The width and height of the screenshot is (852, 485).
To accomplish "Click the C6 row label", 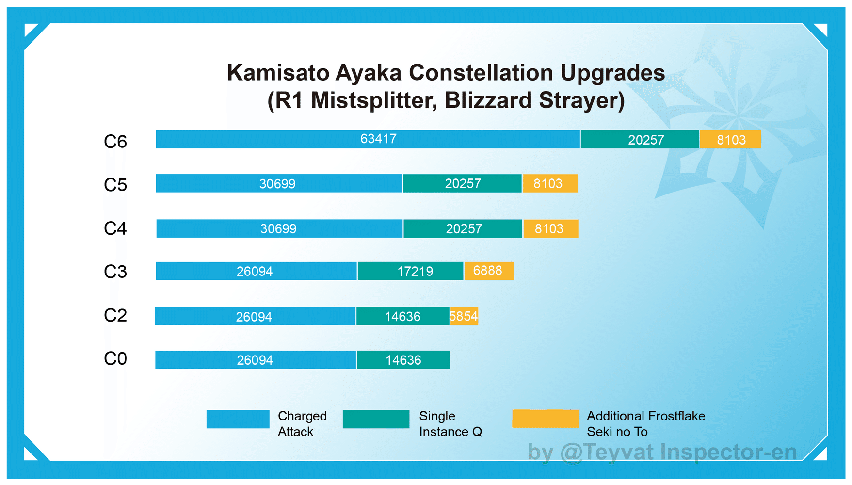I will [115, 142].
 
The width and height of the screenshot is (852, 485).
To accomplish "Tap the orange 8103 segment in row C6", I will [730, 140].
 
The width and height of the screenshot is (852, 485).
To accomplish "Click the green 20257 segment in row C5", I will [462, 183].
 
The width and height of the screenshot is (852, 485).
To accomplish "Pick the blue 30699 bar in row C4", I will [279, 228].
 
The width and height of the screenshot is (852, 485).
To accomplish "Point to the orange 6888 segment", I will [489, 271].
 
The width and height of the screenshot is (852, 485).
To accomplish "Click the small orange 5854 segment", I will [464, 316].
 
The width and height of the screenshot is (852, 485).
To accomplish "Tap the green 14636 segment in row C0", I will [403, 360].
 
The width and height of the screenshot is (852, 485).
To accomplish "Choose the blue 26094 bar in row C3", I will [256, 271].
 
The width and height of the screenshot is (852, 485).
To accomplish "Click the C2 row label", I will [115, 315].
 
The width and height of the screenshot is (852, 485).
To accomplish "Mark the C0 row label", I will [115, 359].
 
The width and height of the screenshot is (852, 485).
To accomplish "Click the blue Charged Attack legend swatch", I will [238, 419].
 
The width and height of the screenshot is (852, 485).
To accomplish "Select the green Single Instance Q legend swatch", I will [376, 419].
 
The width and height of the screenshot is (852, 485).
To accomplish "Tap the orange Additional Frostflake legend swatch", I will [546, 419].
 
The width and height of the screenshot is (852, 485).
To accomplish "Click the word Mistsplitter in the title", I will [373, 100].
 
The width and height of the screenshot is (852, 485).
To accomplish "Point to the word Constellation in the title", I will [481, 73].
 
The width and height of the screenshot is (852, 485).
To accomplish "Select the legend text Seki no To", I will [617, 432].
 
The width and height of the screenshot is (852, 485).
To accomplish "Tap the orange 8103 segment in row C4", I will [550, 228].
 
